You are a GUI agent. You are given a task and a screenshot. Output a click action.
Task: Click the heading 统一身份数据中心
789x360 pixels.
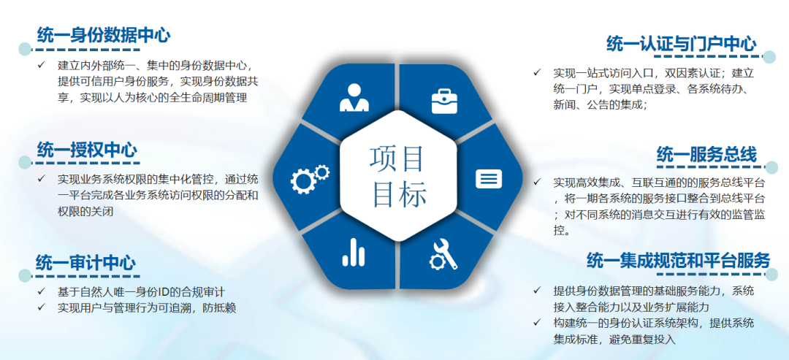103,34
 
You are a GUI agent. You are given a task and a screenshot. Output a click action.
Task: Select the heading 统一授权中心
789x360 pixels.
86,150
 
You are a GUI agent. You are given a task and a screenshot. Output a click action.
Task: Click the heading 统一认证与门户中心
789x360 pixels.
681,45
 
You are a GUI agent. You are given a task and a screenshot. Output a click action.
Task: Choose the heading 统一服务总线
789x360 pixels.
706,155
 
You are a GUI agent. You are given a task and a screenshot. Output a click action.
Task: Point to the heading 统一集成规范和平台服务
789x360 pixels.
678,260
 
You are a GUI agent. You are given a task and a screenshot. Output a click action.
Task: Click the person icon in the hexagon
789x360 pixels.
353,99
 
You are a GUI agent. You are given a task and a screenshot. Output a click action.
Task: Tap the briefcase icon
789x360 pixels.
444,100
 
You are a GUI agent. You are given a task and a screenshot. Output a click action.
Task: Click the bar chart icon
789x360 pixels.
354,253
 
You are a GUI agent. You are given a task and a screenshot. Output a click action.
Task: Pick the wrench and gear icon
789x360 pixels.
443,253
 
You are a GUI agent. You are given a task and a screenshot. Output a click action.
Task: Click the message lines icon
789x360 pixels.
488,178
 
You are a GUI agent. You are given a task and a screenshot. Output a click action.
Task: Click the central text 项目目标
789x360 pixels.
398,176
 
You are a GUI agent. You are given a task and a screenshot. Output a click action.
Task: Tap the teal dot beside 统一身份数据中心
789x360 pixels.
25,50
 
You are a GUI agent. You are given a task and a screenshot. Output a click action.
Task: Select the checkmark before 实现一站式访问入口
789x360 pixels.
537,73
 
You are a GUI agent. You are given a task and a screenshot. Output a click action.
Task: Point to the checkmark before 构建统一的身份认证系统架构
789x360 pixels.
537,323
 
